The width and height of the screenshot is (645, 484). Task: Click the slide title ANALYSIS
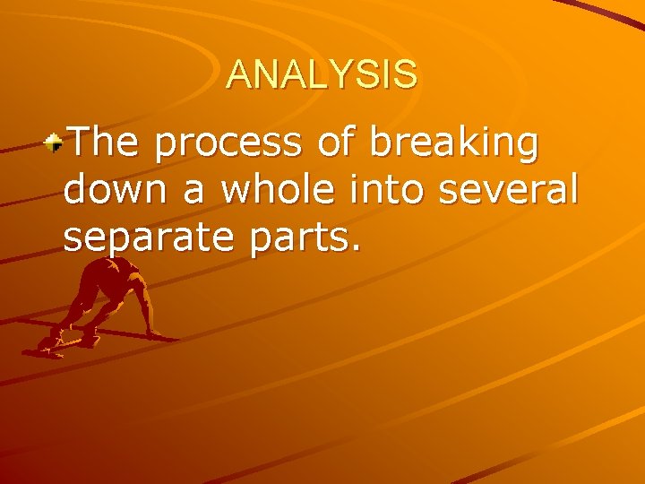[x=322, y=74]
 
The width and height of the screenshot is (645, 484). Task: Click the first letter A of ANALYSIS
[x=238, y=74]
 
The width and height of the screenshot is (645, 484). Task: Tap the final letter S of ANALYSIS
[x=406, y=74]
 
